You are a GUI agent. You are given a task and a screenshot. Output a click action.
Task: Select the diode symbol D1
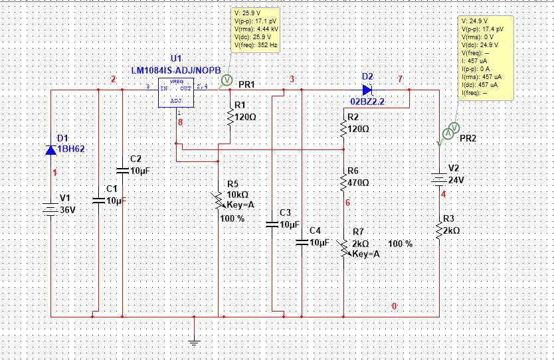(51, 150)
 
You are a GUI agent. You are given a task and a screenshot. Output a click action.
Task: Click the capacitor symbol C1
(98, 199)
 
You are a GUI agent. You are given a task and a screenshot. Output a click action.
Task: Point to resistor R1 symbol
(230, 116)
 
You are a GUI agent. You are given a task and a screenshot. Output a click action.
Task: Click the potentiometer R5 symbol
(219, 200)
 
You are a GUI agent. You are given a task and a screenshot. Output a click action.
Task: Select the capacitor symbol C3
(272, 225)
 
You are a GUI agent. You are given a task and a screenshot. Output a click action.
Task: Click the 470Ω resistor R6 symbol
(343, 181)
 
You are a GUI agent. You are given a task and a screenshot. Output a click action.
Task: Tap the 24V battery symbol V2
(439, 177)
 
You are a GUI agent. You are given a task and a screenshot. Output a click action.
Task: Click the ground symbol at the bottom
(194, 341)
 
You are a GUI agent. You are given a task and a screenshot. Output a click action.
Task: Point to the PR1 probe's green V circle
(225, 80)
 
